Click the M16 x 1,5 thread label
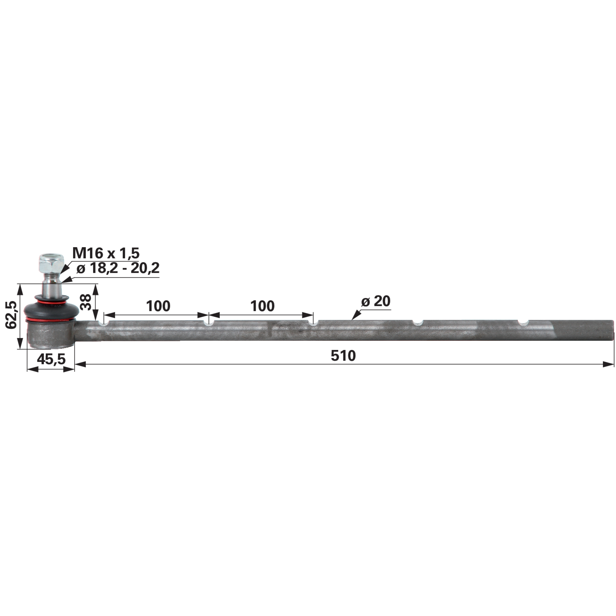pyautogui.click(x=106, y=253)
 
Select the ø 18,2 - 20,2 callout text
pyautogui.click(x=118, y=268)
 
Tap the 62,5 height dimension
pyautogui.click(x=11, y=314)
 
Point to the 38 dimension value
pyautogui.click(x=85, y=302)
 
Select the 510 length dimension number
pyautogui.click(x=343, y=356)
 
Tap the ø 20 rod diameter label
pyautogui.click(x=376, y=301)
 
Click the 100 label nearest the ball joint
pyautogui.click(x=158, y=306)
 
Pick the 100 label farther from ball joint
pyautogui.click(x=263, y=306)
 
